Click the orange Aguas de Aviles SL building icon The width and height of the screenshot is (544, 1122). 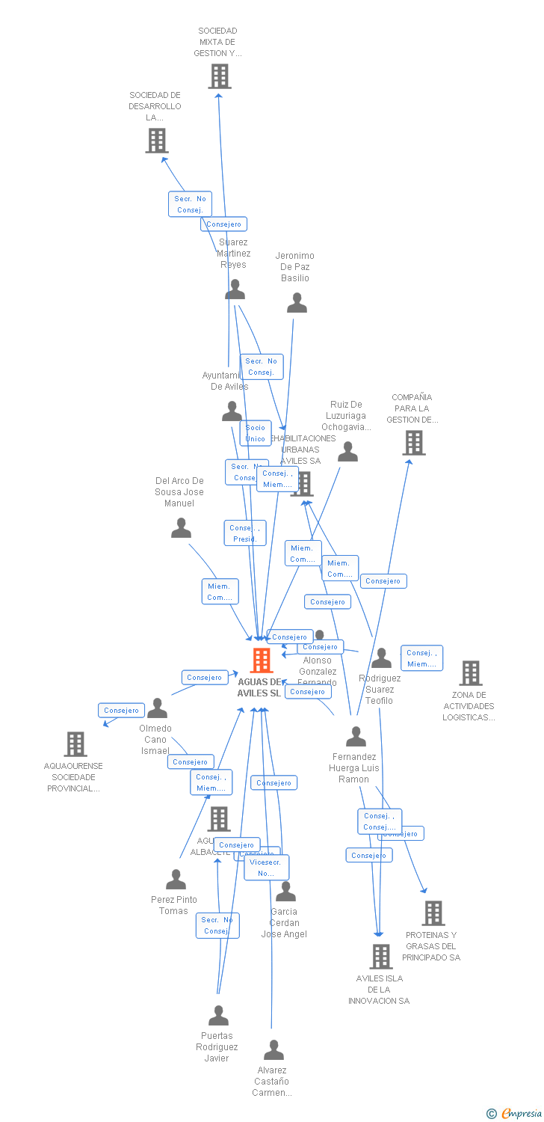[x=262, y=660]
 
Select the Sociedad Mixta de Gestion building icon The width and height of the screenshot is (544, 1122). [x=220, y=76]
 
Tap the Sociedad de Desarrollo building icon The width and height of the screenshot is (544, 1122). [x=157, y=140]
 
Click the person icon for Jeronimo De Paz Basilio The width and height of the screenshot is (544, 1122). [x=297, y=303]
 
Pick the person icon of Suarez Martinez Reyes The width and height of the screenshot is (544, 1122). [x=235, y=289]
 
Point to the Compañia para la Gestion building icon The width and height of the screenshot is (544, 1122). [x=414, y=442]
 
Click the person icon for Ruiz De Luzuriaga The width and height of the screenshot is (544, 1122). [x=347, y=452]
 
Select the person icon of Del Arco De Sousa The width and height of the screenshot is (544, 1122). [x=181, y=528]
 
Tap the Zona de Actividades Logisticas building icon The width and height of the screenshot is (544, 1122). [x=470, y=672]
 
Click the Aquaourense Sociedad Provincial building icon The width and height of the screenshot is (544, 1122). [x=75, y=744]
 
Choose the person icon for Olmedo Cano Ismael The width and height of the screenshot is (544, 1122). [x=157, y=708]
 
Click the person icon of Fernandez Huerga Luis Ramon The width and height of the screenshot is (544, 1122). [x=356, y=737]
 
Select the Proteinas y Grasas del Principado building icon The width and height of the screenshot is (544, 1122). [x=433, y=913]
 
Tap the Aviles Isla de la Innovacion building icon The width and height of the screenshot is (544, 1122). [x=381, y=956]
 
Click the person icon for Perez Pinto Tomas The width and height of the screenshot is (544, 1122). [x=176, y=879]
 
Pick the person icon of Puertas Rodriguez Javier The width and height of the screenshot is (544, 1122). [x=218, y=1016]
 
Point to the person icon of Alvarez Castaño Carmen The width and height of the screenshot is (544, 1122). [x=273, y=1050]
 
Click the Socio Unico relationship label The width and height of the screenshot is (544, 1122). [x=256, y=433]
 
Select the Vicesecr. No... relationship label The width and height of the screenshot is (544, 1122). [x=266, y=867]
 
